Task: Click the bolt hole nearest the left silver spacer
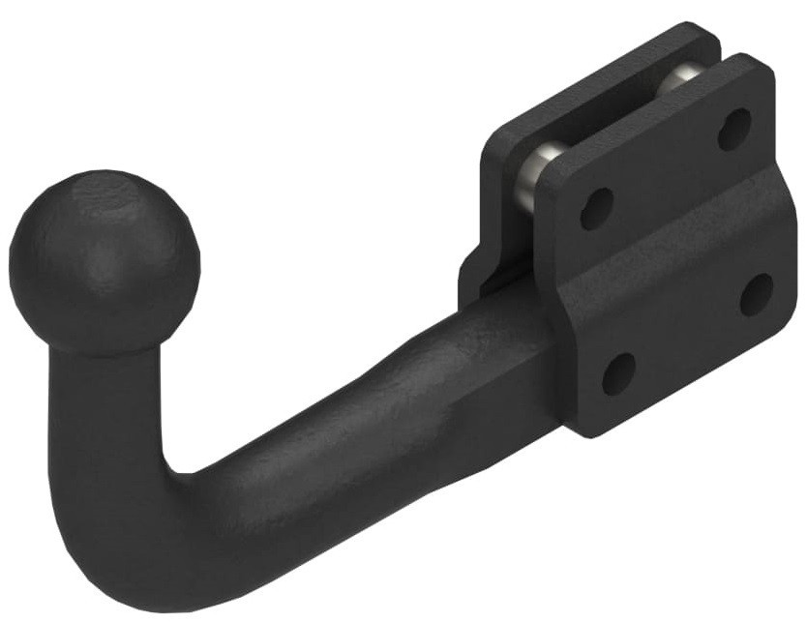click(x=596, y=208)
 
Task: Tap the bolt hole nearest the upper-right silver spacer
click(x=734, y=129)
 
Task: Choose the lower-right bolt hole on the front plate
click(x=756, y=294)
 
